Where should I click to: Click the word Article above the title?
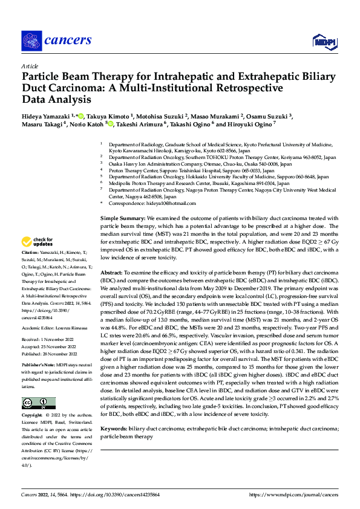point(29,66)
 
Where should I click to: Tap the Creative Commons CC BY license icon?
point(39,403)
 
